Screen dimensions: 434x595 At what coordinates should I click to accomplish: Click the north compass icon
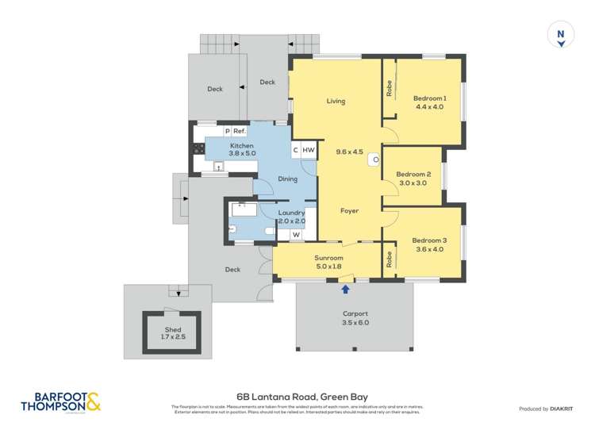(x=561, y=36)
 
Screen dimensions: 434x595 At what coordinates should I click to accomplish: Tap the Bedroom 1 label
(x=429, y=98)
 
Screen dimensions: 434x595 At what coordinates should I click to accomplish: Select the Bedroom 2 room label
(x=413, y=175)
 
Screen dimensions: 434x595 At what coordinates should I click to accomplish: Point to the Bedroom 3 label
(x=428, y=240)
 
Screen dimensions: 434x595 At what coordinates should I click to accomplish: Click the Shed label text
(x=173, y=329)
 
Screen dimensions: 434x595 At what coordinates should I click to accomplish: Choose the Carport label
(x=355, y=313)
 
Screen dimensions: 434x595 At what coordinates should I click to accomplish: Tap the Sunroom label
(x=328, y=258)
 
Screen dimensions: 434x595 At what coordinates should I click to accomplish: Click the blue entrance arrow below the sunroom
(x=345, y=289)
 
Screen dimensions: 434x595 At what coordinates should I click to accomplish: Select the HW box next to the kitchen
(x=309, y=150)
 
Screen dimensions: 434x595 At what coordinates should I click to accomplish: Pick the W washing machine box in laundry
(x=295, y=234)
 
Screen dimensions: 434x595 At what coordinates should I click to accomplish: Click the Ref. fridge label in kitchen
(x=240, y=132)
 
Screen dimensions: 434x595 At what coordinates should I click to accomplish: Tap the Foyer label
(x=349, y=211)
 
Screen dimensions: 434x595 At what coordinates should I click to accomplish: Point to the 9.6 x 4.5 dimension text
(x=349, y=152)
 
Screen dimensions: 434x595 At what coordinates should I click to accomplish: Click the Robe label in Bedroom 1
(x=390, y=89)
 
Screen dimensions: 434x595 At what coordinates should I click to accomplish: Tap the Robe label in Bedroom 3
(x=390, y=259)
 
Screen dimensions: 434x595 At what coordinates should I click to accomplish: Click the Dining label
(x=287, y=179)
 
